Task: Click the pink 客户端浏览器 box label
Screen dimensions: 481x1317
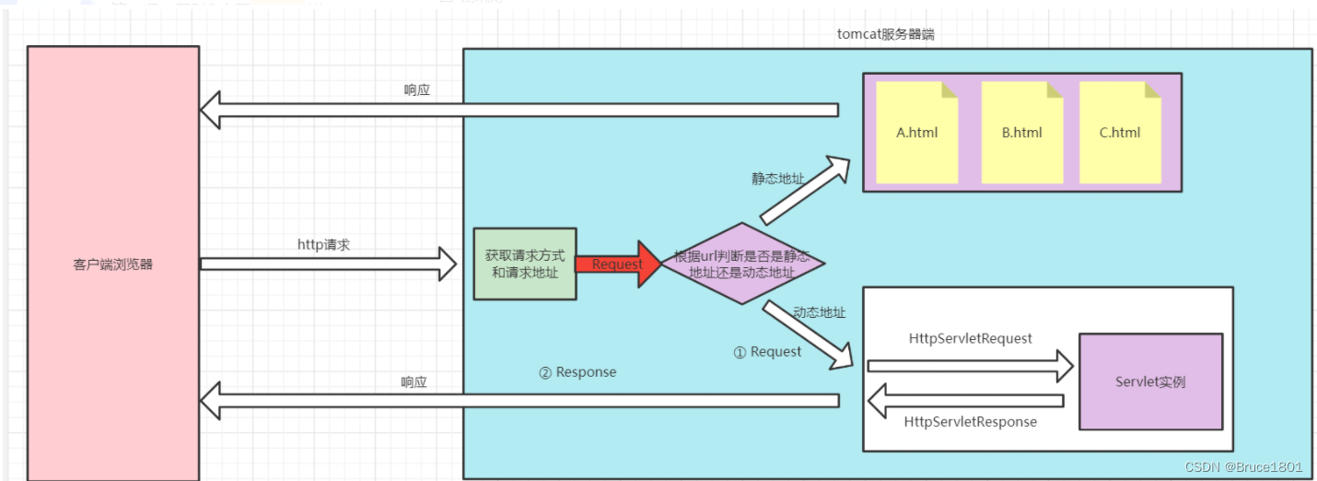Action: (112, 264)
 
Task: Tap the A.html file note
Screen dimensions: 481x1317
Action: (917, 132)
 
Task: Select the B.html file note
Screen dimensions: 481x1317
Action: (1022, 132)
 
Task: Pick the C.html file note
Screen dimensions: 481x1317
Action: (1120, 132)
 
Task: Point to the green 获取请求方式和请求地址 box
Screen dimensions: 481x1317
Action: (525, 264)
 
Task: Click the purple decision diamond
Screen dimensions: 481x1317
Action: (742, 264)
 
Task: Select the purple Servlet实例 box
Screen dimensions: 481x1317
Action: (1150, 381)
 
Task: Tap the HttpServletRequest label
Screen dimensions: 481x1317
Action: (971, 338)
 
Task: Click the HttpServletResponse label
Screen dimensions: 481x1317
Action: (971, 421)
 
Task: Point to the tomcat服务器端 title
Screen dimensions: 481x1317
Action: (887, 34)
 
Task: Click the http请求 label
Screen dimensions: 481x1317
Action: (323, 244)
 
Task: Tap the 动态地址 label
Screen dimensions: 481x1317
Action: (819, 312)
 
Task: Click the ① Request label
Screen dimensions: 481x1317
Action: (767, 351)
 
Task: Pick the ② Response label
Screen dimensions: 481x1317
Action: (577, 372)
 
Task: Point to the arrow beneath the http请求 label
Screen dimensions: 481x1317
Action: (328, 264)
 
